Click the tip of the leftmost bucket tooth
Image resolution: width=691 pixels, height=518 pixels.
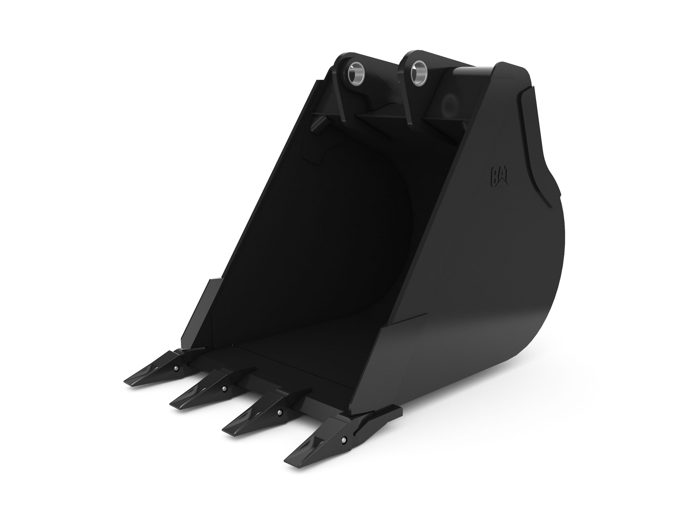tap(127, 383)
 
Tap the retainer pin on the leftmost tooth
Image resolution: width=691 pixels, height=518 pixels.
tap(177, 369)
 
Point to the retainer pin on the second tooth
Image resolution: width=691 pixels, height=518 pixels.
tap(224, 388)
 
